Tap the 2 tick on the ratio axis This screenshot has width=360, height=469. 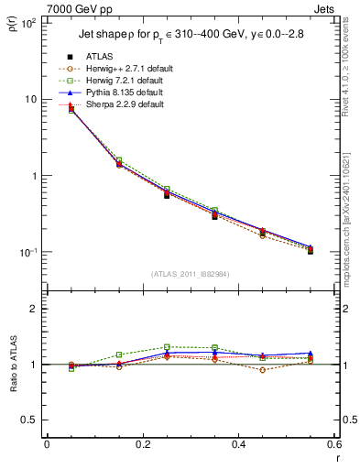click(33, 310)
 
